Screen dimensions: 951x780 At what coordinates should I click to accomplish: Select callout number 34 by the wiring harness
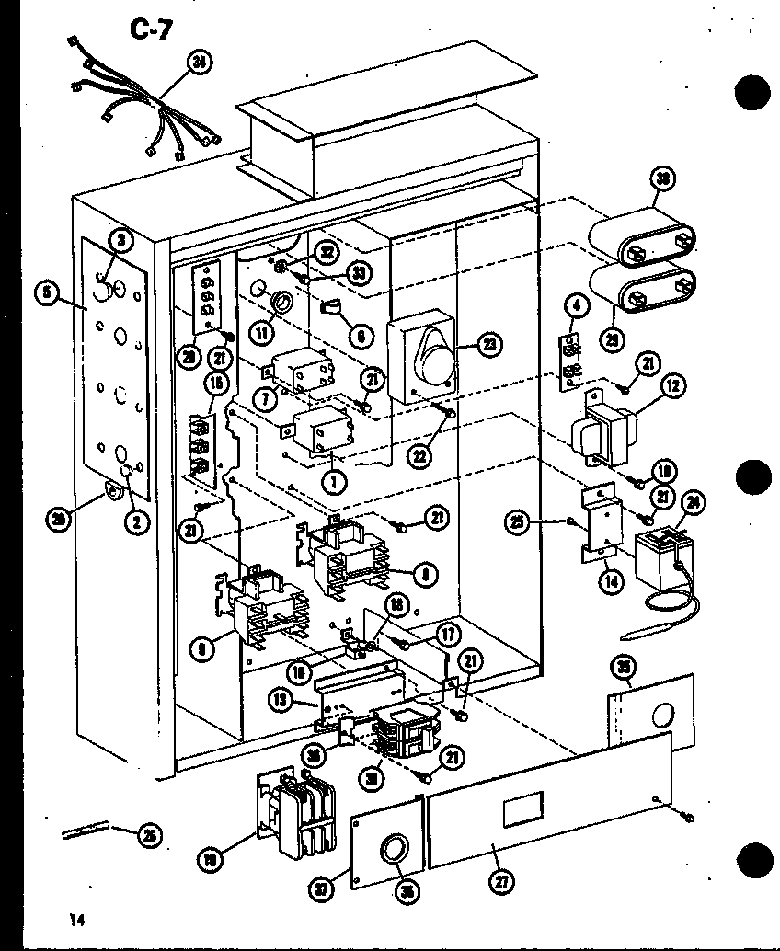[x=197, y=63]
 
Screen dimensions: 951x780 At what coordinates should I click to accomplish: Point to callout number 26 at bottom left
[x=145, y=834]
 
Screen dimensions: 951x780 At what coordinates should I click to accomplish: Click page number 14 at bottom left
[x=71, y=919]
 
